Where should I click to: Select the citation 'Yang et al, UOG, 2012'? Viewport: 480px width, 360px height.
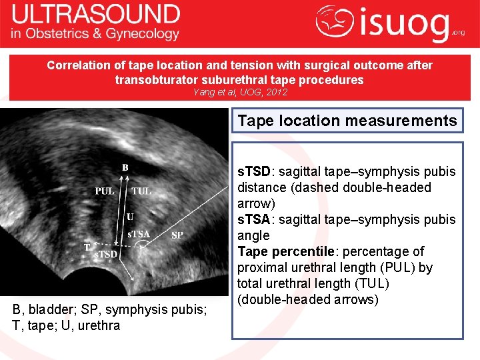click(x=239, y=93)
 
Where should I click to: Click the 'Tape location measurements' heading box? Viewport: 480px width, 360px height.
click(x=347, y=121)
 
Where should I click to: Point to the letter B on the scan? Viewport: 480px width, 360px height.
click(x=125, y=167)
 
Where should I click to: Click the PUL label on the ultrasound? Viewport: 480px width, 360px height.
click(x=104, y=191)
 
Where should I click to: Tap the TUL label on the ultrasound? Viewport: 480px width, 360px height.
click(x=141, y=191)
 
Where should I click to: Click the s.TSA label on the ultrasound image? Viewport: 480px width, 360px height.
click(x=139, y=234)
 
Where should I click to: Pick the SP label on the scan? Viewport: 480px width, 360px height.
click(x=177, y=235)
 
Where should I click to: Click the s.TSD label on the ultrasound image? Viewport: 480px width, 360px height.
click(x=105, y=254)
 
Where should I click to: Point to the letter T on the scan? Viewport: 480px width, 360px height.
click(x=87, y=247)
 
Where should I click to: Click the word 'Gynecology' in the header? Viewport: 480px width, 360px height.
click(x=145, y=34)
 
